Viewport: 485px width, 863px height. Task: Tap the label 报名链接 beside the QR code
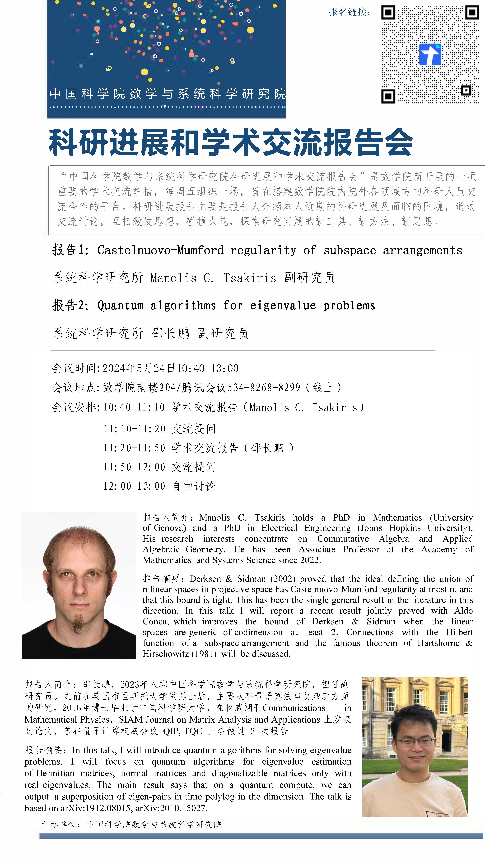pos(349,12)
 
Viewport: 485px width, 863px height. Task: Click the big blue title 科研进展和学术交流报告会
pos(231,142)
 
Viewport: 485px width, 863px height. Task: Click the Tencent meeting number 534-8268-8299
pos(264,388)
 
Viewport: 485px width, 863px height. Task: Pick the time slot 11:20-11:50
pos(134,448)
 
